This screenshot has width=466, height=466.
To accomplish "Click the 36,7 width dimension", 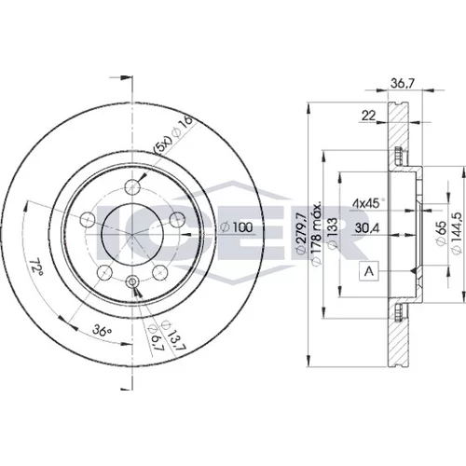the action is (x=403, y=84).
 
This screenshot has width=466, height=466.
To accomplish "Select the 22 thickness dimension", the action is (x=369, y=116).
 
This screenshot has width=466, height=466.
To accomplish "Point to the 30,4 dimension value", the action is (x=367, y=228).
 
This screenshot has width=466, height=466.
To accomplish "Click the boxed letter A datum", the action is (x=369, y=271).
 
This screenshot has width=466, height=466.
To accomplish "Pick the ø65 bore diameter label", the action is (x=441, y=233).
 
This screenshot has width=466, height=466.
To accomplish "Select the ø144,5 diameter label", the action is (x=457, y=233).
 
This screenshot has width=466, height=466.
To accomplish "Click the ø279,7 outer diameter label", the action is (x=301, y=233).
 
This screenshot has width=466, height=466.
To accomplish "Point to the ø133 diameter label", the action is (x=333, y=233).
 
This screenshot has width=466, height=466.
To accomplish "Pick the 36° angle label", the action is (x=103, y=331).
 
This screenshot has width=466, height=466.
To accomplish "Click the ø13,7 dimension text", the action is (x=172, y=335).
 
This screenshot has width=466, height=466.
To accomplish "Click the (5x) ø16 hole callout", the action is (x=173, y=135).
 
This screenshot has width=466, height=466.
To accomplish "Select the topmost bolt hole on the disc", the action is (x=132, y=187).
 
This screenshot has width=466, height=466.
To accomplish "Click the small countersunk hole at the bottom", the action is (x=132, y=281).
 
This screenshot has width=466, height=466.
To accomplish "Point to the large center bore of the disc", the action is (x=132, y=234).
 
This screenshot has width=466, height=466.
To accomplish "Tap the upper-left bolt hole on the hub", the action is (x=88, y=220).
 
